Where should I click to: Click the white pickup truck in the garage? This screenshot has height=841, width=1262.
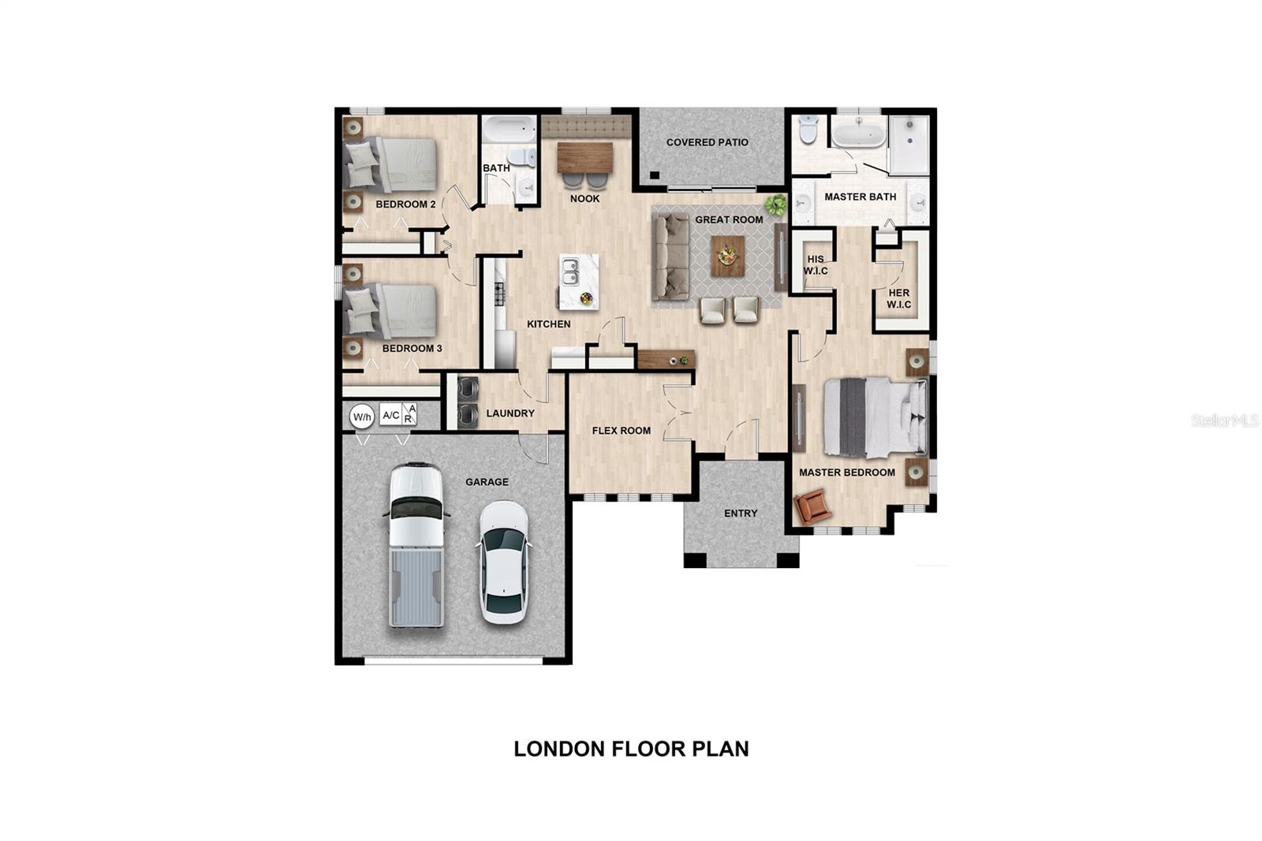pos(416,544)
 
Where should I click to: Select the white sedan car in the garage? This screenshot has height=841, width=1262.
pos(503,562)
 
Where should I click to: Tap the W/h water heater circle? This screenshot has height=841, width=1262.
pos(361,417)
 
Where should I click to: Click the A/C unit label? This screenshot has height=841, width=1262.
pos(390,415)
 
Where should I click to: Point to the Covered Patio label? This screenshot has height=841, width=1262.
pos(707,143)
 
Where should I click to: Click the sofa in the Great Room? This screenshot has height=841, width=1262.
pos(671,256)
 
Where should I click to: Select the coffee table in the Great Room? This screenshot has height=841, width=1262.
pos(727,256)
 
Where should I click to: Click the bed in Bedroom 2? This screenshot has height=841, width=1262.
pos(392,165)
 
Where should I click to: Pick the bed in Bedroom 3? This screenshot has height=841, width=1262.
pos(392,311)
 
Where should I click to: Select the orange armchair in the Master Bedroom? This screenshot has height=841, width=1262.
pos(812,506)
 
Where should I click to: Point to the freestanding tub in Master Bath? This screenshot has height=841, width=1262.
pos(858,133)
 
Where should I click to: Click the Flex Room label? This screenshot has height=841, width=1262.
pos(621,431)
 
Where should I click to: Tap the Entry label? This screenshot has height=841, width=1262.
pos(741,514)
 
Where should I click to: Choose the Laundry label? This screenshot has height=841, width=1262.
pos(510,413)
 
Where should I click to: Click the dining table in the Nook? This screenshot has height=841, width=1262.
pos(584,157)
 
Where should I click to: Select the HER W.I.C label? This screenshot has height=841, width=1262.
pos(898,298)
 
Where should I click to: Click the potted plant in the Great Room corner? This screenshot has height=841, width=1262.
pos(776,205)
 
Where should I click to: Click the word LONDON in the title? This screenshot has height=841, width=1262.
pos(559,749)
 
